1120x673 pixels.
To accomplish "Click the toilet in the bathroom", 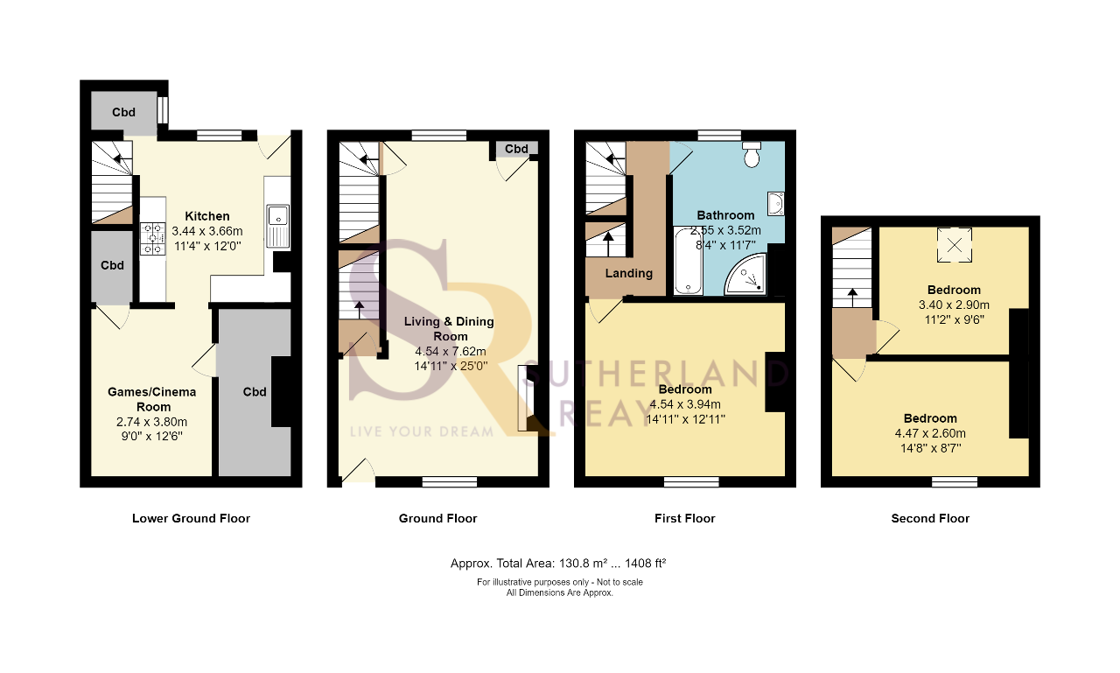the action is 752,153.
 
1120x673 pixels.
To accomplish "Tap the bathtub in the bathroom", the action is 688,261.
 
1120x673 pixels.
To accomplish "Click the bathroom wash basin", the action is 775,204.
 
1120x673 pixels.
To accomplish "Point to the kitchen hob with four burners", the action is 152,239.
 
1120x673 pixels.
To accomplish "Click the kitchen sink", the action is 277,226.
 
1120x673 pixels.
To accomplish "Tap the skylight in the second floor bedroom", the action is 955,245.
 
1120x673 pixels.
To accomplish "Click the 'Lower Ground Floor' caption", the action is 191,518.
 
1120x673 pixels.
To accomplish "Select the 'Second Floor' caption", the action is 930,518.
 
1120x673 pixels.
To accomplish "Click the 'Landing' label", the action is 629,274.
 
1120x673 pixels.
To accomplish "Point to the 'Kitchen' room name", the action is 207,216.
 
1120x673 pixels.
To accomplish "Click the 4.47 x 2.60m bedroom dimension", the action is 930,433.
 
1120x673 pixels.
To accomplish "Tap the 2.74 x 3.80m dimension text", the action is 152,422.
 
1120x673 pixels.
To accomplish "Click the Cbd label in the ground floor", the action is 516,149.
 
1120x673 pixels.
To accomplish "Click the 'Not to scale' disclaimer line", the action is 559,582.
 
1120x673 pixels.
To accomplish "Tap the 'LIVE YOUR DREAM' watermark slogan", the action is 422,431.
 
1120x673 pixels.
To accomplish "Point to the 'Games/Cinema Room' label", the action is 152,399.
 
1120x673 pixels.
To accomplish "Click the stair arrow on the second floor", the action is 852,298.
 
